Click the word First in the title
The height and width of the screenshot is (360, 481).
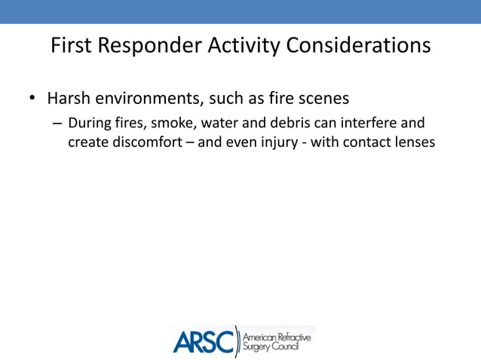[x=71, y=46]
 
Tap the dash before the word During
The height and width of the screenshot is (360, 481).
[x=57, y=124]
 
